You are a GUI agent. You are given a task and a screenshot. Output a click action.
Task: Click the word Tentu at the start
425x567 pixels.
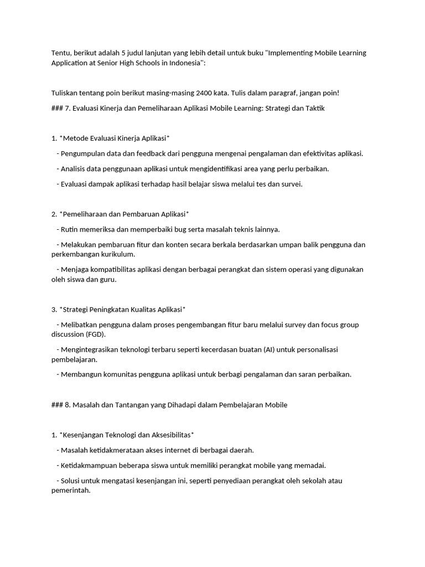click(60, 53)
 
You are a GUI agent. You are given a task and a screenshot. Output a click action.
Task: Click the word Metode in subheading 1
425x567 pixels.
click(74, 138)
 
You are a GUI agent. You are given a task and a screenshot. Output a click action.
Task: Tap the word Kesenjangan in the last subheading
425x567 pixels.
click(82, 435)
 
